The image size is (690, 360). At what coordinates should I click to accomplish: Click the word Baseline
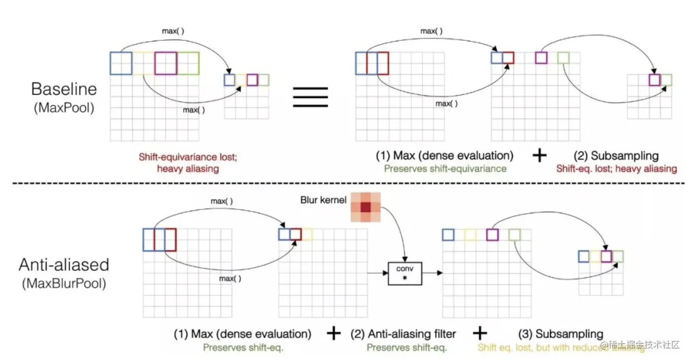click(x=64, y=89)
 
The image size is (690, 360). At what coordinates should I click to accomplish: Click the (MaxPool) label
click(x=64, y=107)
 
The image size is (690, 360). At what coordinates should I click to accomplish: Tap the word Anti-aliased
click(x=64, y=265)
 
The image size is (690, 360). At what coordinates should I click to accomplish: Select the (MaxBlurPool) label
click(x=64, y=284)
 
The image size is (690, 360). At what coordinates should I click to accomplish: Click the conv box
click(x=405, y=273)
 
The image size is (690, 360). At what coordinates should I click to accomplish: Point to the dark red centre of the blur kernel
click(x=366, y=206)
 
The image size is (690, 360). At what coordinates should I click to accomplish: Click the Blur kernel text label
click(x=323, y=200)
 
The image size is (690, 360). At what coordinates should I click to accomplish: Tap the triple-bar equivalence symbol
click(x=310, y=96)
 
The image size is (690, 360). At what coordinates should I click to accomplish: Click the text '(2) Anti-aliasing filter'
click(x=404, y=334)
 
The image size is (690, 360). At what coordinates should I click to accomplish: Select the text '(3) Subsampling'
click(x=561, y=334)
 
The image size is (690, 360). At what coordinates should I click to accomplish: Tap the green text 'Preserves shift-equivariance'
click(x=444, y=169)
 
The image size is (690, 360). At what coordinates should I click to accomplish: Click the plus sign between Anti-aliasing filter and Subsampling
click(x=480, y=333)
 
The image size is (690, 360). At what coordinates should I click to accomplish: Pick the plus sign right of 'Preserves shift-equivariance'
click(x=539, y=156)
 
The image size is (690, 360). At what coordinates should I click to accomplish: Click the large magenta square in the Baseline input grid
click(x=166, y=63)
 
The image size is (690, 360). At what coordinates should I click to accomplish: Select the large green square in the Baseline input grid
click(x=188, y=63)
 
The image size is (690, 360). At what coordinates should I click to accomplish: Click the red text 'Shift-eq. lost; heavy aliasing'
click(x=616, y=169)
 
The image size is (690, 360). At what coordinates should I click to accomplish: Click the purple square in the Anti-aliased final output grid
click(x=605, y=257)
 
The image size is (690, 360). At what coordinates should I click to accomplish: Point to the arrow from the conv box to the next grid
click(x=432, y=273)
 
